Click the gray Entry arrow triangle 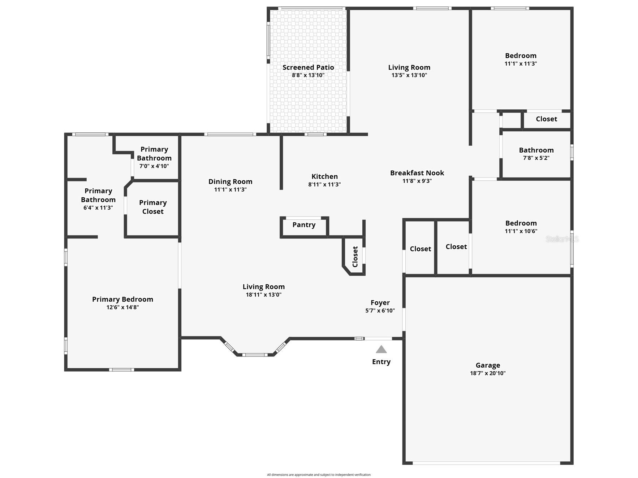click(x=381, y=349)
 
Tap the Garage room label click(x=488, y=365)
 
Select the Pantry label click(x=304, y=225)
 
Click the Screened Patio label click(x=308, y=67)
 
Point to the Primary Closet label click(x=153, y=207)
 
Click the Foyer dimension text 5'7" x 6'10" click(x=380, y=311)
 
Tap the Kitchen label click(x=324, y=176)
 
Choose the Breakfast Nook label click(x=417, y=173)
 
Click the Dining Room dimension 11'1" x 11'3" click(x=230, y=190)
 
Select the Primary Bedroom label click(x=122, y=299)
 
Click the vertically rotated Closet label click(x=355, y=256)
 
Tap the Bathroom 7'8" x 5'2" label click(x=536, y=150)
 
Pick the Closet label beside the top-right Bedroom click(x=546, y=119)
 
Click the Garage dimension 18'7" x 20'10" click(x=488, y=373)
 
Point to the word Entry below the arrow click(x=381, y=362)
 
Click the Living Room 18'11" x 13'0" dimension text click(x=263, y=295)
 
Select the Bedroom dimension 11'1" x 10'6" click(x=521, y=231)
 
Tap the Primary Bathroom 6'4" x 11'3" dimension click(x=98, y=208)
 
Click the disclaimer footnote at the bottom click(x=319, y=475)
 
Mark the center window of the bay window click(x=255, y=355)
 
